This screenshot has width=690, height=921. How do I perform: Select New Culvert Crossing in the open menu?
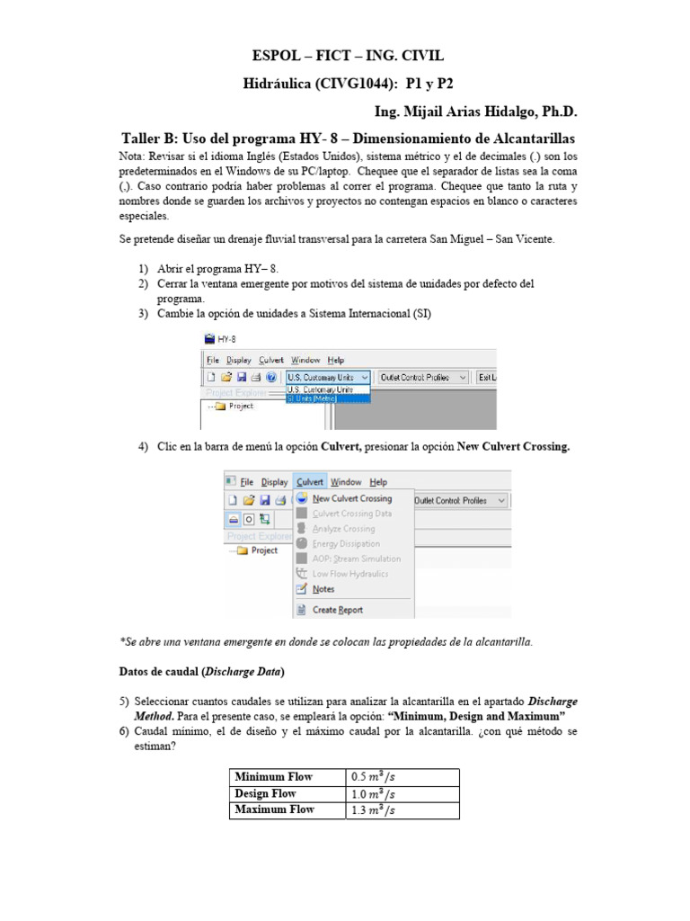[x=351, y=498]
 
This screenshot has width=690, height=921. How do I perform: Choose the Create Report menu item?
[x=337, y=610]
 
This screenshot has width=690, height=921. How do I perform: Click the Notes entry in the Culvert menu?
[x=323, y=589]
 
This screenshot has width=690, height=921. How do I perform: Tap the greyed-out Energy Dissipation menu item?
[x=346, y=543]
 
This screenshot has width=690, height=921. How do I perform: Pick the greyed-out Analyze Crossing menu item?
[x=343, y=529]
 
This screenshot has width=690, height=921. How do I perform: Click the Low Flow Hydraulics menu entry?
[x=349, y=574]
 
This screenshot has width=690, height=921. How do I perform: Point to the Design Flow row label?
[x=265, y=793]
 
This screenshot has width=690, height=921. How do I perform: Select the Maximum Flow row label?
[x=274, y=809]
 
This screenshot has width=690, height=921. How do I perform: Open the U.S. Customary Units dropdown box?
[x=327, y=378]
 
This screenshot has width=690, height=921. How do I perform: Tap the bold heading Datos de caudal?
[x=160, y=671]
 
